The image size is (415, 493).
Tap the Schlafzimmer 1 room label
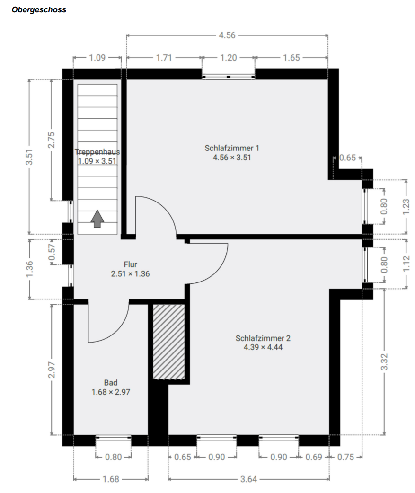pos(232,148)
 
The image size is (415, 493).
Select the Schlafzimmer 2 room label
pos(263,338)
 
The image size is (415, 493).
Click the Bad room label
pos(111,383)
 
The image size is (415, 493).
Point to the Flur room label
pos(130,265)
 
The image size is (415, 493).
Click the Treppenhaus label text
pos(97,152)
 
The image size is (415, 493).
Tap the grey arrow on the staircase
pos(97,219)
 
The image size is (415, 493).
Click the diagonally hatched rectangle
pos(169,341)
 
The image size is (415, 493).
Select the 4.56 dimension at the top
pos(227,35)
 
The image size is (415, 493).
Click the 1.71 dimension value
pos(164,58)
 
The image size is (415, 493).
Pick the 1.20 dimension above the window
pos(229,58)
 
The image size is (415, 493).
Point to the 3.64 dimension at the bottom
pos(248,479)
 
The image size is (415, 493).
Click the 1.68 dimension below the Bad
pos(111,479)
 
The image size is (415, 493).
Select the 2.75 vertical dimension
pos(52,140)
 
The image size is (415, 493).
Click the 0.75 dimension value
pos(348,457)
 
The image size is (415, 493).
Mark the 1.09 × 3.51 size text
pos(97,161)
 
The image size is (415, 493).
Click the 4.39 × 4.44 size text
pos(263,347)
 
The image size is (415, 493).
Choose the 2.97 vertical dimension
pos(52,369)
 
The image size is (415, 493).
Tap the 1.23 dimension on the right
pos(406,207)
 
